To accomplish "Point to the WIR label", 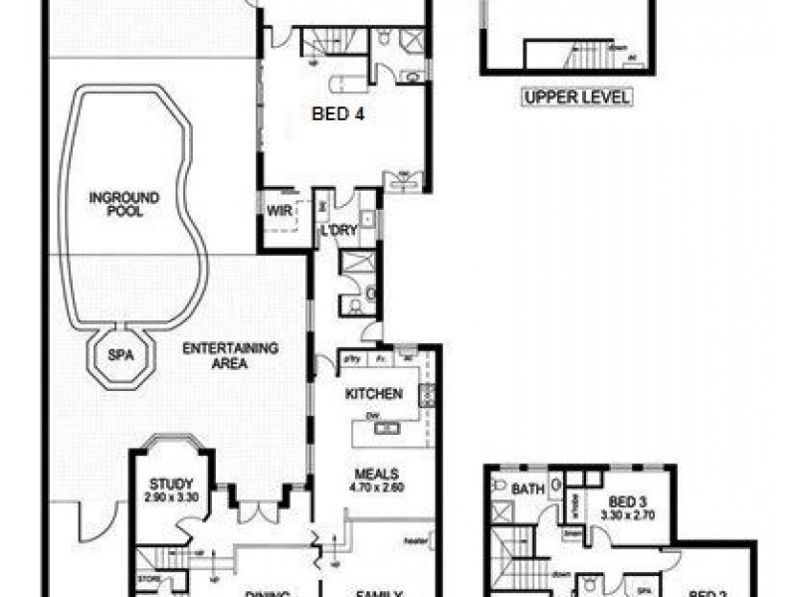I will pos(276,210).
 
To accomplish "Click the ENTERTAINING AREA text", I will pos(230,356).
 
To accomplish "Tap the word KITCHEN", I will pos(373,394).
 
